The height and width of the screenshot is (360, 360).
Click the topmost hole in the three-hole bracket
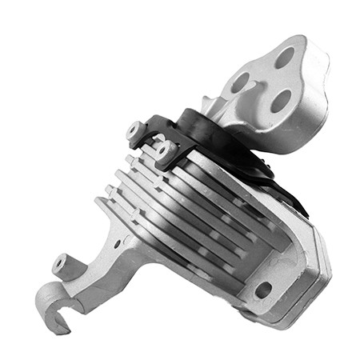[x=285, y=57]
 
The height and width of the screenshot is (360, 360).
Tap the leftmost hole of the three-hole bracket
[x=241, y=82]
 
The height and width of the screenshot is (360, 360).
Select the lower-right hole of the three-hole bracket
[x=281, y=100]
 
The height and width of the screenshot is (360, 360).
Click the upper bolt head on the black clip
[x=134, y=129]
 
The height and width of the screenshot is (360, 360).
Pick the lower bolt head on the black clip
[x=163, y=150]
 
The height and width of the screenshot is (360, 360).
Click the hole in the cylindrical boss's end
[x=58, y=262]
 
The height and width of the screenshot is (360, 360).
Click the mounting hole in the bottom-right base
[x=262, y=289]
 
